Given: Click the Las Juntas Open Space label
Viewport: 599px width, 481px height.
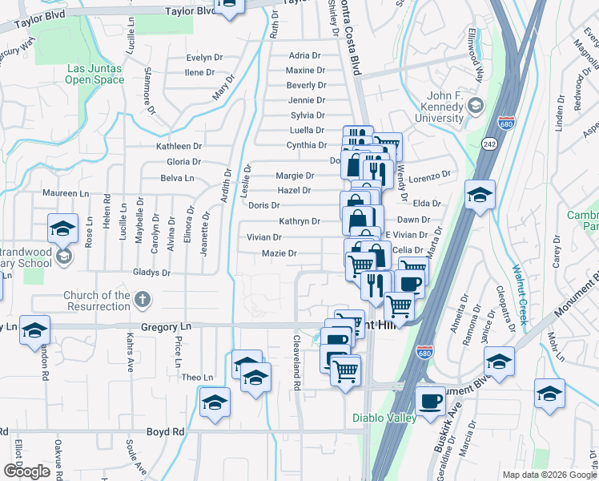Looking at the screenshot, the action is tap(94, 74).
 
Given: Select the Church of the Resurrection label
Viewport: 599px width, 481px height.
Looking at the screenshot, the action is tap(98, 301).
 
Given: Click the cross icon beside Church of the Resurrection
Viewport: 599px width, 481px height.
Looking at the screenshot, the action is tap(143, 301).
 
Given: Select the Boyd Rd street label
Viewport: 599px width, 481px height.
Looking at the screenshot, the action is tap(166, 431).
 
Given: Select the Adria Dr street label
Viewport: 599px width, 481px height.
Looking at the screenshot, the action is tap(304, 56).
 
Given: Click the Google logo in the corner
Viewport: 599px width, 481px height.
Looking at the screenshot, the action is tap(26, 471).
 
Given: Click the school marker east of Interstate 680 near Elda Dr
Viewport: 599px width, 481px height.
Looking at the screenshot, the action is tap(480, 196).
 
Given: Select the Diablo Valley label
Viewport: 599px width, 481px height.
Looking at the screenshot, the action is tap(384, 418).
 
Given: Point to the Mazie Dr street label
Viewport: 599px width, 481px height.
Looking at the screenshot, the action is tap(280, 253).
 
